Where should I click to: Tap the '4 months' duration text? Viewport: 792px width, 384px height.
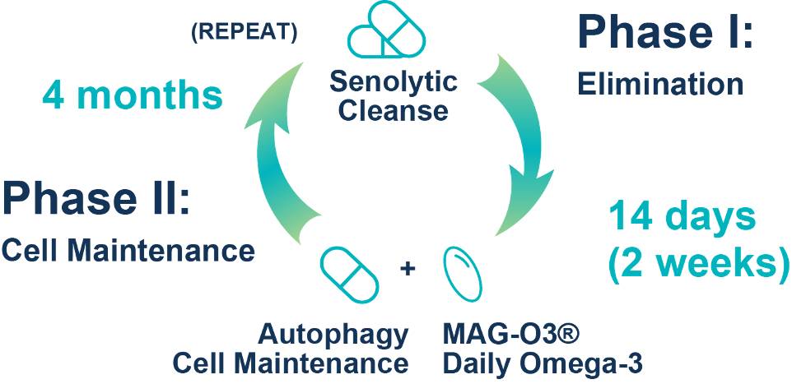coord(133,96)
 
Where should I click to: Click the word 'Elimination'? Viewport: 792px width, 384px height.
coord(659,83)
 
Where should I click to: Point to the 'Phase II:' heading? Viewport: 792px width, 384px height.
coord(96,200)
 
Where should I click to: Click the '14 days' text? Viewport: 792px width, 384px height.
coord(681,218)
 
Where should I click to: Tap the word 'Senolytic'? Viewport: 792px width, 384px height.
coord(393,81)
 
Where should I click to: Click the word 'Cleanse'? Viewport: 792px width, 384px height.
coord(394,110)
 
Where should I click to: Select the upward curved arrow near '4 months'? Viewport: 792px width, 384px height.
coord(278,153)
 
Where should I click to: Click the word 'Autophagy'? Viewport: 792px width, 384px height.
coord(333,334)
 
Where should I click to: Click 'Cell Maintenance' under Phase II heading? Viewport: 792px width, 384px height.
coord(128,251)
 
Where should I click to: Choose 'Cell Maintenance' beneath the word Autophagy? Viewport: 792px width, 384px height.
coord(290,362)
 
